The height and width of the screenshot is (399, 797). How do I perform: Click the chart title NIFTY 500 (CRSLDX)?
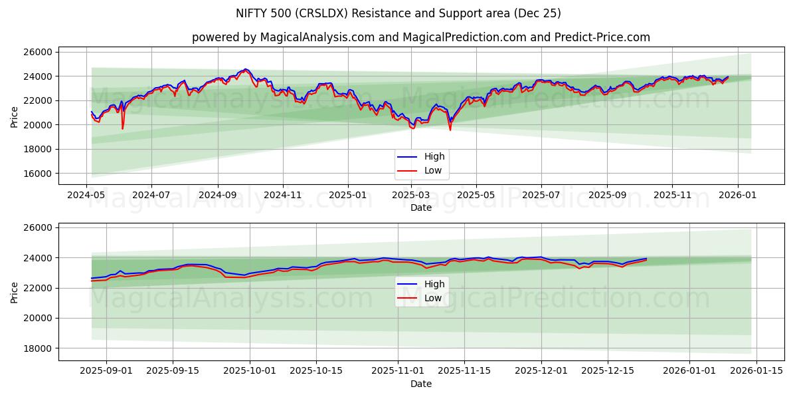click(x=398, y=13)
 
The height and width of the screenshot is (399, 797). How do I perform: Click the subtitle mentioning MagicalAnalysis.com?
click(x=421, y=37)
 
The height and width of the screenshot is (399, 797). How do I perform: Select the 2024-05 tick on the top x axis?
click(x=86, y=196)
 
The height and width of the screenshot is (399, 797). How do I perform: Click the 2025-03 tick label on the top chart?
click(x=411, y=196)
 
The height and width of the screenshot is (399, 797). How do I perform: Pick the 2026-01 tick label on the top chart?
click(x=737, y=196)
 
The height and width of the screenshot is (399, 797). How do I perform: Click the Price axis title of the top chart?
click(x=15, y=117)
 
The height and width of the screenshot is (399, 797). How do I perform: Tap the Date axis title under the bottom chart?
click(x=420, y=384)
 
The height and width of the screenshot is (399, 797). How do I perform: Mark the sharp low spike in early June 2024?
click(x=123, y=128)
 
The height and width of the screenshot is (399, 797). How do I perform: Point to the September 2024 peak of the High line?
click(x=246, y=69)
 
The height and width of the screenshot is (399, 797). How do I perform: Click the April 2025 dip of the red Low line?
click(x=450, y=129)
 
